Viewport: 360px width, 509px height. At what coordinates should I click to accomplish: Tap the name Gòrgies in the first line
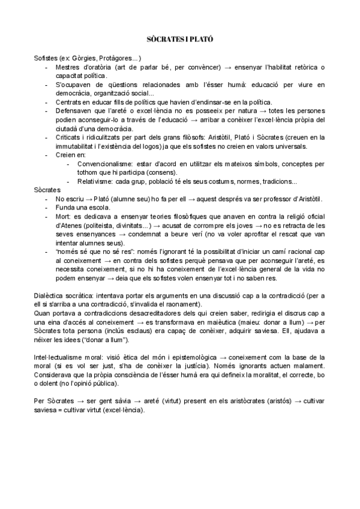[x=83, y=58]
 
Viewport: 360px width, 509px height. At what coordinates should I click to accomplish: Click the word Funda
[x=63, y=208]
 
